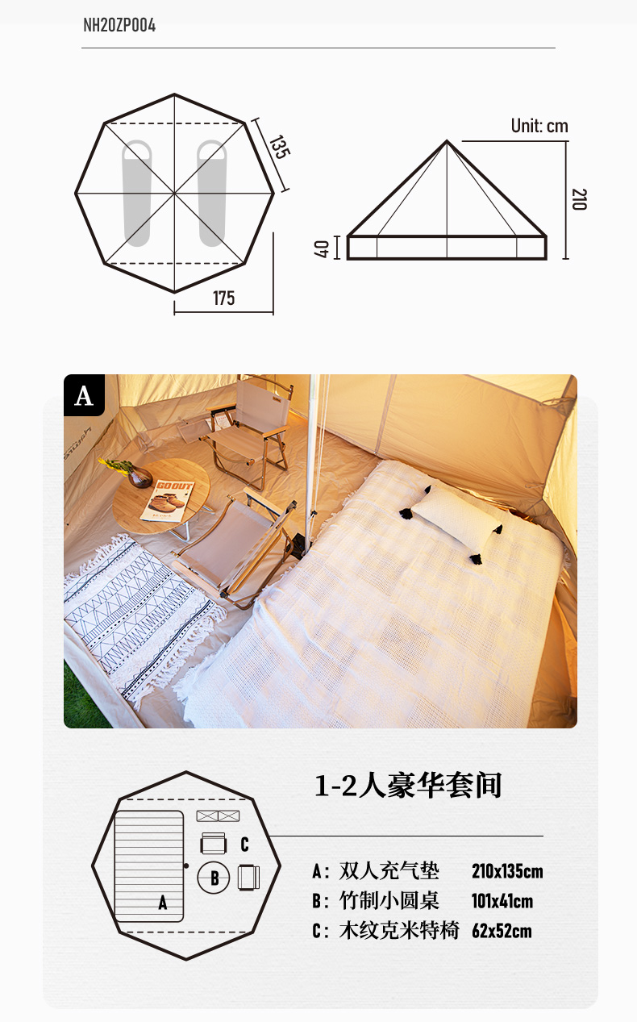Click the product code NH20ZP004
pyautogui.click(x=119, y=26)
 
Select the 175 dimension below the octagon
pyautogui.click(x=223, y=298)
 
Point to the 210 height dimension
pyautogui.click(x=579, y=199)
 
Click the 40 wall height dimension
pyautogui.click(x=321, y=248)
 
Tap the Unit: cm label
pyautogui.click(x=539, y=126)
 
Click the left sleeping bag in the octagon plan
pyautogui.click(x=137, y=193)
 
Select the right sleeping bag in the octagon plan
pyautogui.click(x=211, y=193)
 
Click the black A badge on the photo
pyautogui.click(x=85, y=395)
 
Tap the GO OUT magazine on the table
pyautogui.click(x=168, y=500)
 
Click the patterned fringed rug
pyautogui.click(x=141, y=618)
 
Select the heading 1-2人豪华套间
pyautogui.click(x=408, y=786)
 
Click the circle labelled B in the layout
pyautogui.click(x=214, y=878)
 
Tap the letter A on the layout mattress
pyautogui.click(x=163, y=903)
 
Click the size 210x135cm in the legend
pyautogui.click(x=507, y=871)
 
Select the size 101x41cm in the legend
pyautogui.click(x=502, y=901)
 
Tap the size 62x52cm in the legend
pyautogui.click(x=502, y=931)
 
